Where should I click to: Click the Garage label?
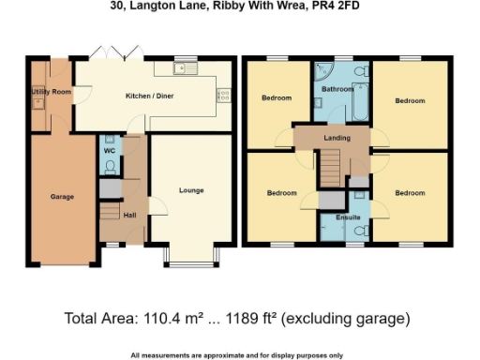62,197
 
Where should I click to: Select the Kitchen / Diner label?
150,96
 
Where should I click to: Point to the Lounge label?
191,190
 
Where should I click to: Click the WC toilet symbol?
110,169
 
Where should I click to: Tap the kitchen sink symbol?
181,68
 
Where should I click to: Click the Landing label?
337,138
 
